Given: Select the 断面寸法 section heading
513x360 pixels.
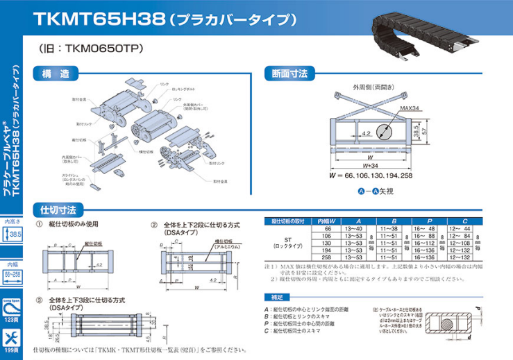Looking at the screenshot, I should (290, 73).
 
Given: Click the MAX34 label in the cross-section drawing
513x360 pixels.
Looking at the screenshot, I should (410, 108).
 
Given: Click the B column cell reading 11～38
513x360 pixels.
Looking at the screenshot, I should (388, 228).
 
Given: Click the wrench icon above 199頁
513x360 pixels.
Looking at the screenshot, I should (12, 338).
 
